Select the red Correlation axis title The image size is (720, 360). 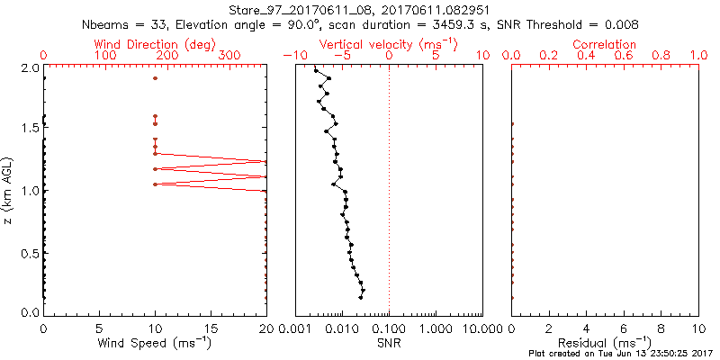(x=605, y=43)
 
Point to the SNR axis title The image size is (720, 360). (x=389, y=343)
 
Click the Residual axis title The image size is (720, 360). (x=605, y=343)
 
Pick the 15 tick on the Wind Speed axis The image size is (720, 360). (x=211, y=328)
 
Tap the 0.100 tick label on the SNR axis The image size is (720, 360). (x=389, y=328)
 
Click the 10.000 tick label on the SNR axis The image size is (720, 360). (x=481, y=328)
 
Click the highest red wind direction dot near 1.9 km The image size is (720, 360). (x=155, y=78)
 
